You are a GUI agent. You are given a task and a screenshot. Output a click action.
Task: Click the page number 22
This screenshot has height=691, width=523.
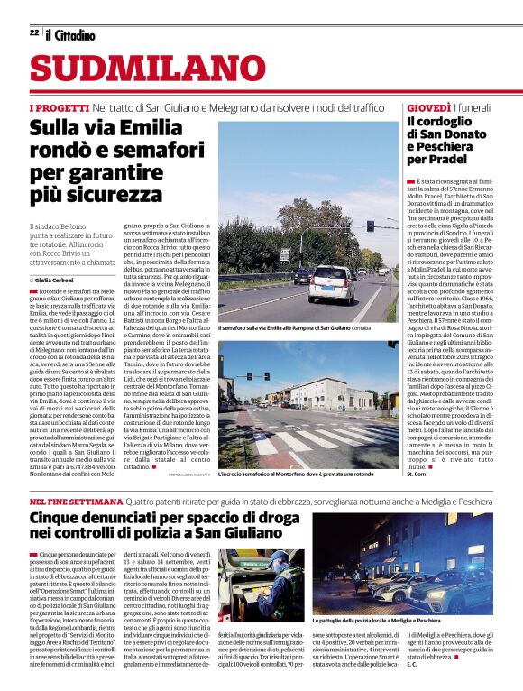[33, 33]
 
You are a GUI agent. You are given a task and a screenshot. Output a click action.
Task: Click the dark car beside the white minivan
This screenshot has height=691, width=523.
[302, 275]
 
